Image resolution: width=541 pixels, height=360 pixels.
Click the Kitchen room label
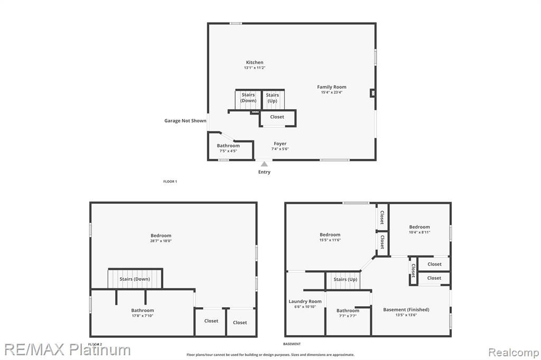(x=255, y=62)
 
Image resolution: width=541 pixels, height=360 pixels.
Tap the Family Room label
(x=332, y=87)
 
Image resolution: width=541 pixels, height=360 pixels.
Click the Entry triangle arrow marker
(x=264, y=164)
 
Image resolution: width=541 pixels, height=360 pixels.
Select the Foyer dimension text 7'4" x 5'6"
(x=280, y=149)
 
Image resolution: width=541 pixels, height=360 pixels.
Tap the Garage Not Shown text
(x=185, y=121)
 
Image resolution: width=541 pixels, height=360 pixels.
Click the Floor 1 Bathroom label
(x=228, y=146)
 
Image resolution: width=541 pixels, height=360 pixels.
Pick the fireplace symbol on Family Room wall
(x=372, y=93)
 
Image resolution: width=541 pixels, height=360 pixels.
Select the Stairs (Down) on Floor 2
(x=135, y=279)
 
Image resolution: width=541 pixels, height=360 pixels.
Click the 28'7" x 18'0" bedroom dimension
(x=161, y=241)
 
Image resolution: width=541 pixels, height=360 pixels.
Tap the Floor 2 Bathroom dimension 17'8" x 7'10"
(x=143, y=316)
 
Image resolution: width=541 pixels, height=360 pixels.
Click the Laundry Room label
(x=305, y=301)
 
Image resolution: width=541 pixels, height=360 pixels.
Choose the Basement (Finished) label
(x=406, y=310)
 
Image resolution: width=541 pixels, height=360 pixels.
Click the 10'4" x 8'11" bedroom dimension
(x=419, y=232)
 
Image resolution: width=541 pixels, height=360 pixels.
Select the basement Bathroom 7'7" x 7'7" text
(x=348, y=316)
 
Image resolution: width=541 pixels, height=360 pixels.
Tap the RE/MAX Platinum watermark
(x=68, y=349)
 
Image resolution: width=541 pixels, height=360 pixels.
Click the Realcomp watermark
(x=514, y=353)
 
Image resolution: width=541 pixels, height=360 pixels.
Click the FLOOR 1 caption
(x=170, y=182)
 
